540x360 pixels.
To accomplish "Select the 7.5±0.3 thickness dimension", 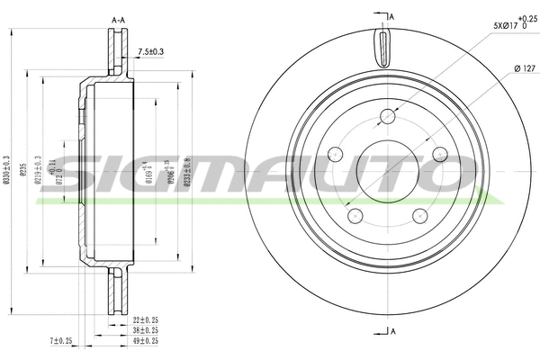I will point(149,51).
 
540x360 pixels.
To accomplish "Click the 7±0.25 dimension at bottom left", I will point(62,341).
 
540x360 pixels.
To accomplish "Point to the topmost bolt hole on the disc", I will point(388,115).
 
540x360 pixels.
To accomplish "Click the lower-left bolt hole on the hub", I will point(355,214).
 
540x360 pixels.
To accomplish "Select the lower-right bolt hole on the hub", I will point(420,214).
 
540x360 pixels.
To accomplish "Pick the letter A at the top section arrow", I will point(391,15).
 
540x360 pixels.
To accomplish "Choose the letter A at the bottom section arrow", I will point(392,331).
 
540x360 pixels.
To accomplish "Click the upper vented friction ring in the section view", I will point(116,54).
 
